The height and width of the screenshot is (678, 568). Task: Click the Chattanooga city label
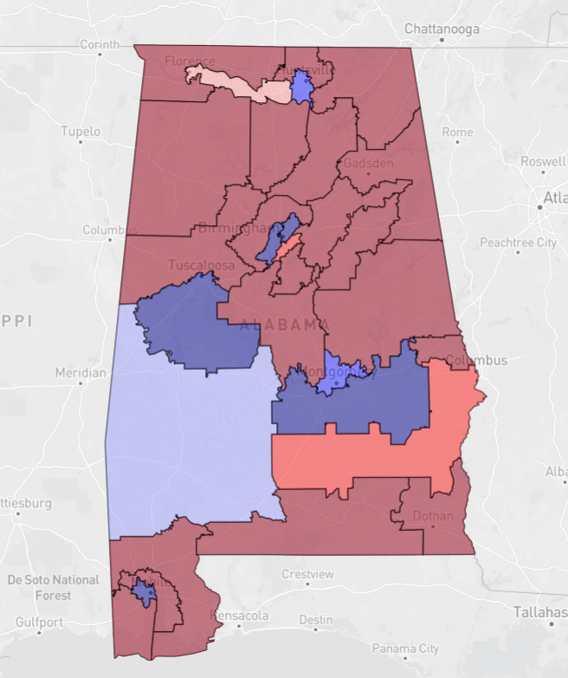pyautogui.click(x=442, y=29)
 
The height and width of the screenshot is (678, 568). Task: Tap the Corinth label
pyautogui.click(x=99, y=44)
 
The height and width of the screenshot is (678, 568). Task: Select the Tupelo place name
pyautogui.click(x=81, y=132)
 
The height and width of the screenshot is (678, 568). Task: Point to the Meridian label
pyautogui.click(x=80, y=372)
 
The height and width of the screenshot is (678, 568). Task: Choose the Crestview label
pyautogui.click(x=307, y=574)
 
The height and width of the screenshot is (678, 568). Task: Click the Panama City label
pyautogui.click(x=405, y=648)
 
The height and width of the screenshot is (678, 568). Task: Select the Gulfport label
pyautogui.click(x=38, y=622)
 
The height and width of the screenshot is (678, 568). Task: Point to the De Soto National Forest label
pyautogui.click(x=53, y=587)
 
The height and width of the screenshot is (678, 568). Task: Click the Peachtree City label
pyautogui.click(x=519, y=242)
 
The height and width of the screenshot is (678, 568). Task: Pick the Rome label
pyautogui.click(x=457, y=132)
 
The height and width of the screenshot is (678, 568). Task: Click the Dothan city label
pyautogui.click(x=433, y=516)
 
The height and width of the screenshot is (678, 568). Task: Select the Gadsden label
pyautogui.click(x=368, y=163)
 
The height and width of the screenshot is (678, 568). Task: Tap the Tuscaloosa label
pyautogui.click(x=201, y=265)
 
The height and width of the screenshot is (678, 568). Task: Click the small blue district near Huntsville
pyautogui.click(x=302, y=87)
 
